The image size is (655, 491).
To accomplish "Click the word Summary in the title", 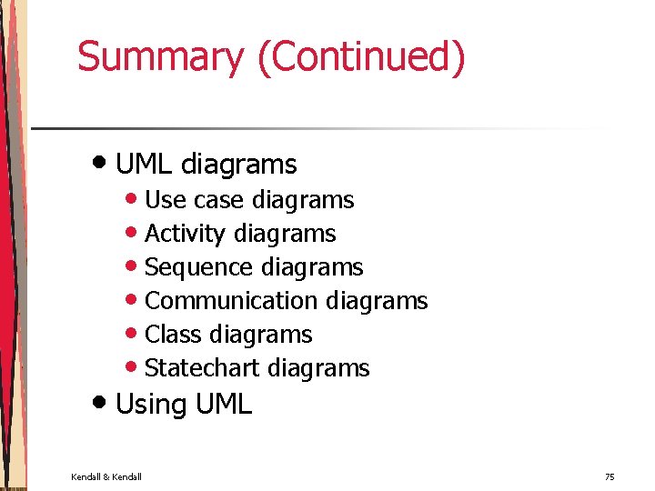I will [x=161, y=56].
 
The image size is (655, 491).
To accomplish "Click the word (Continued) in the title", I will [x=361, y=56].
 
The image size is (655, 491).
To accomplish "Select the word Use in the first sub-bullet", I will [x=165, y=200].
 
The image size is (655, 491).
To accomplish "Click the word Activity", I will [x=185, y=235].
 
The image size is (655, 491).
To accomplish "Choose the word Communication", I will [x=231, y=301].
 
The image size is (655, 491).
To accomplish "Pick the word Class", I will [x=173, y=335].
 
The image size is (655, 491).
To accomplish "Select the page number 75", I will [x=610, y=476].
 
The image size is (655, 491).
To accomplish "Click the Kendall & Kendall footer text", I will [x=106, y=476].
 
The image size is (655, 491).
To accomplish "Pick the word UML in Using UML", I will [x=222, y=405].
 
